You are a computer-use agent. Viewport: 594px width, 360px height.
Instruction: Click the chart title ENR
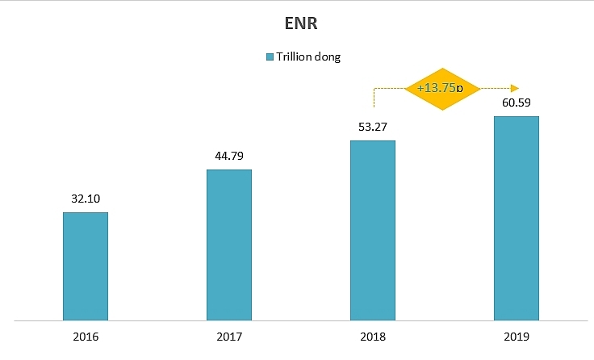point(297,24)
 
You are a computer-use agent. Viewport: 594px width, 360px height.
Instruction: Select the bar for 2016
point(86,266)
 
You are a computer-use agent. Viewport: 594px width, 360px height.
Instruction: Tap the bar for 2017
point(229,245)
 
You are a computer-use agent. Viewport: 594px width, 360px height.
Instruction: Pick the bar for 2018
point(373,230)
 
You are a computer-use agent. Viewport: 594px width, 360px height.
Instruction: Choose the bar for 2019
point(516,218)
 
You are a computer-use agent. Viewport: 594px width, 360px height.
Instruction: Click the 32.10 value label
point(86,198)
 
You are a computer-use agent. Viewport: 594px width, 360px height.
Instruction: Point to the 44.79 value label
point(229,154)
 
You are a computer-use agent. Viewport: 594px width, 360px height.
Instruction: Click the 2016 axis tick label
point(86,336)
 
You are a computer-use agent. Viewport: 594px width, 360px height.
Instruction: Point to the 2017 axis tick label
point(229,336)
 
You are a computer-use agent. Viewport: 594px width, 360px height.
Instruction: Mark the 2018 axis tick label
point(373,336)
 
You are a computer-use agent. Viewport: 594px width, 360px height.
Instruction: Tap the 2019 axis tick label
point(516,336)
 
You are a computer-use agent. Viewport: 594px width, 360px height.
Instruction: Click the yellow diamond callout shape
point(441,87)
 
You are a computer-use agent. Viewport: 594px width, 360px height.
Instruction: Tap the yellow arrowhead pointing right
point(513,87)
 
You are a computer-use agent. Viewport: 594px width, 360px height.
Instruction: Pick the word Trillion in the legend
point(296,57)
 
